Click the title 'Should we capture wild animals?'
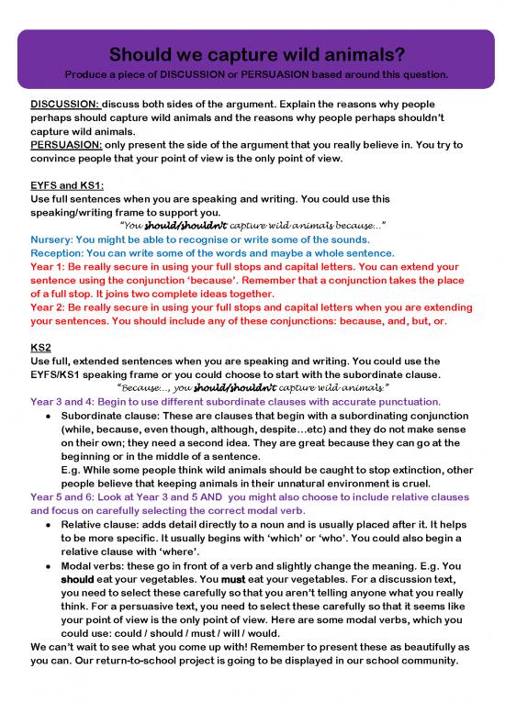(252, 52)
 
